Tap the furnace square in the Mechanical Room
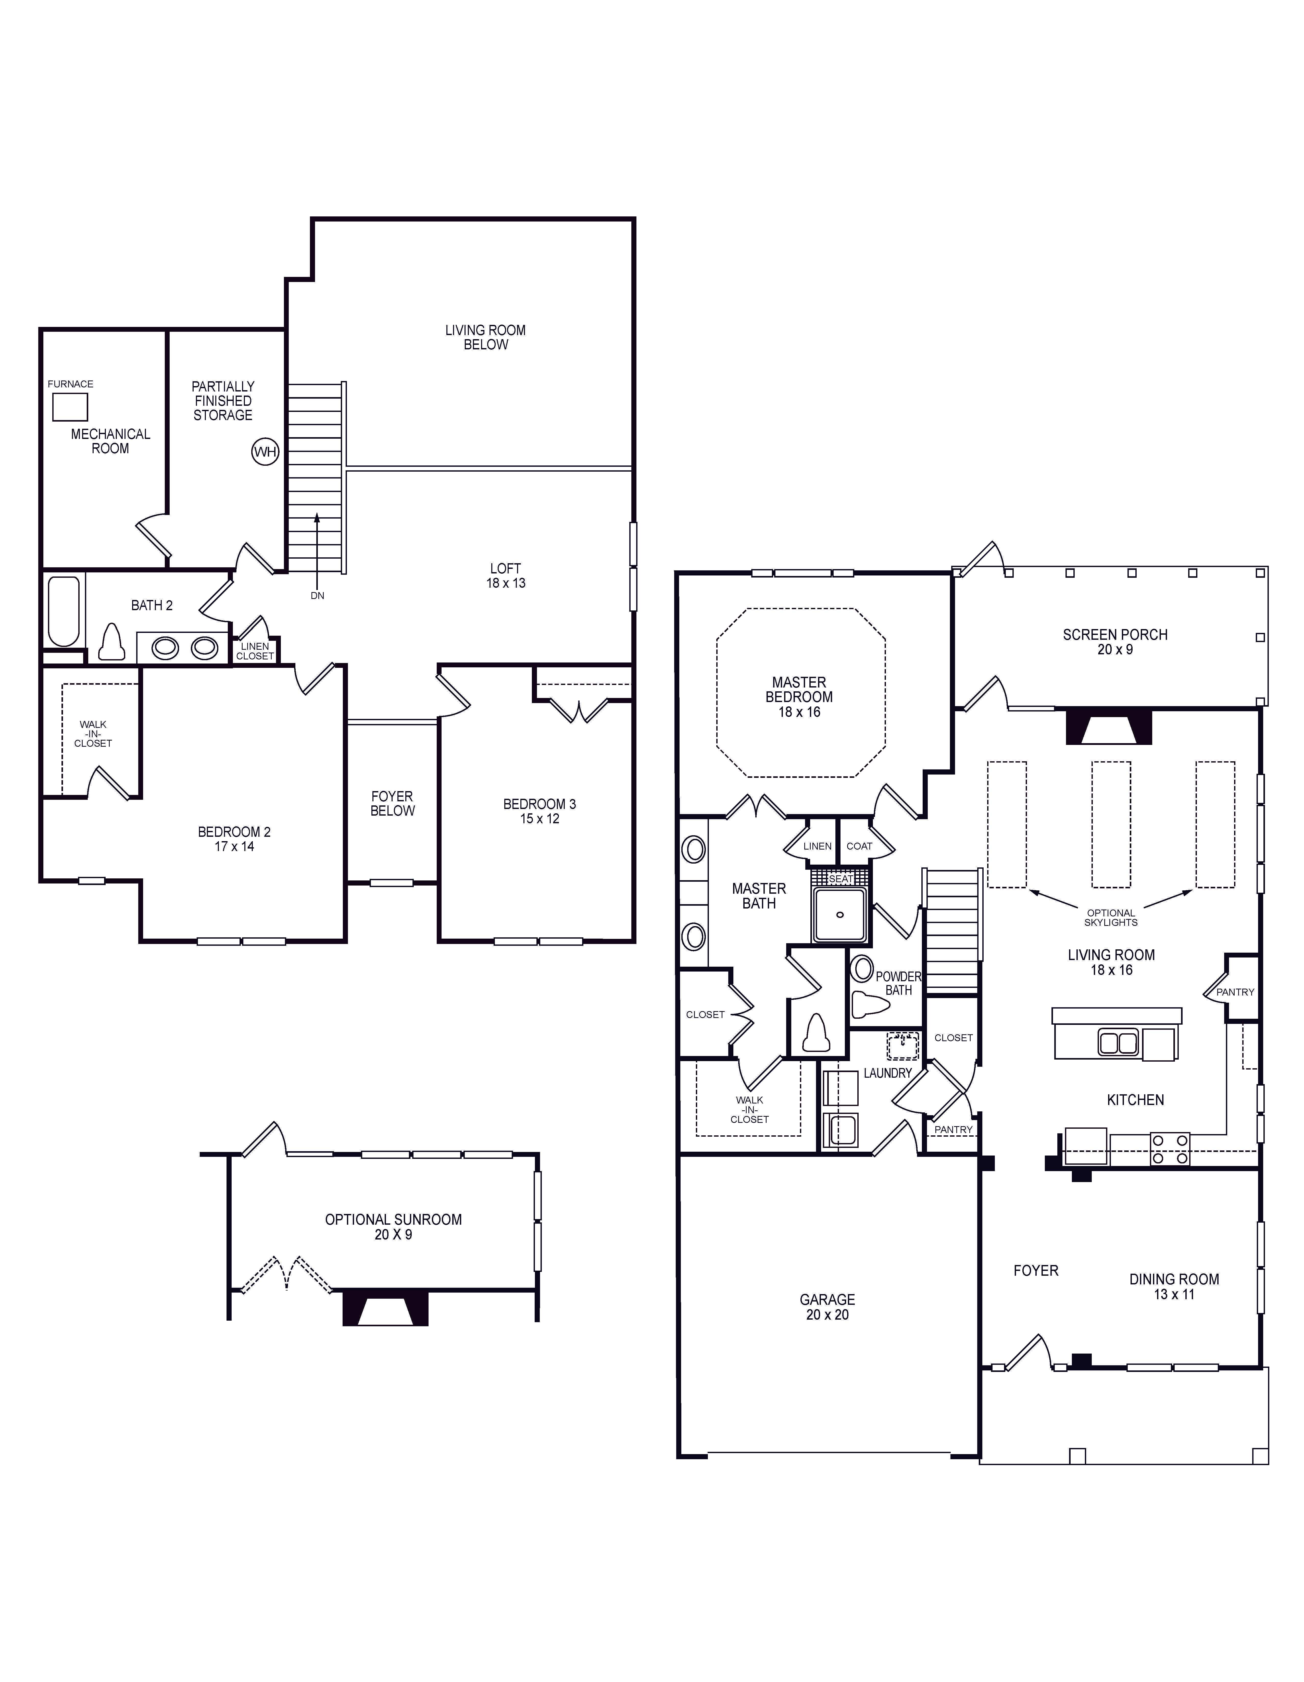[70, 407]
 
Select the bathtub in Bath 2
[64, 611]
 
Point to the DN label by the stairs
[317, 595]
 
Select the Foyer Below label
[393, 803]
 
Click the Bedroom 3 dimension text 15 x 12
[540, 819]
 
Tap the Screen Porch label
[1115, 635]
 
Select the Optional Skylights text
[1111, 917]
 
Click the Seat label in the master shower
[841, 879]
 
